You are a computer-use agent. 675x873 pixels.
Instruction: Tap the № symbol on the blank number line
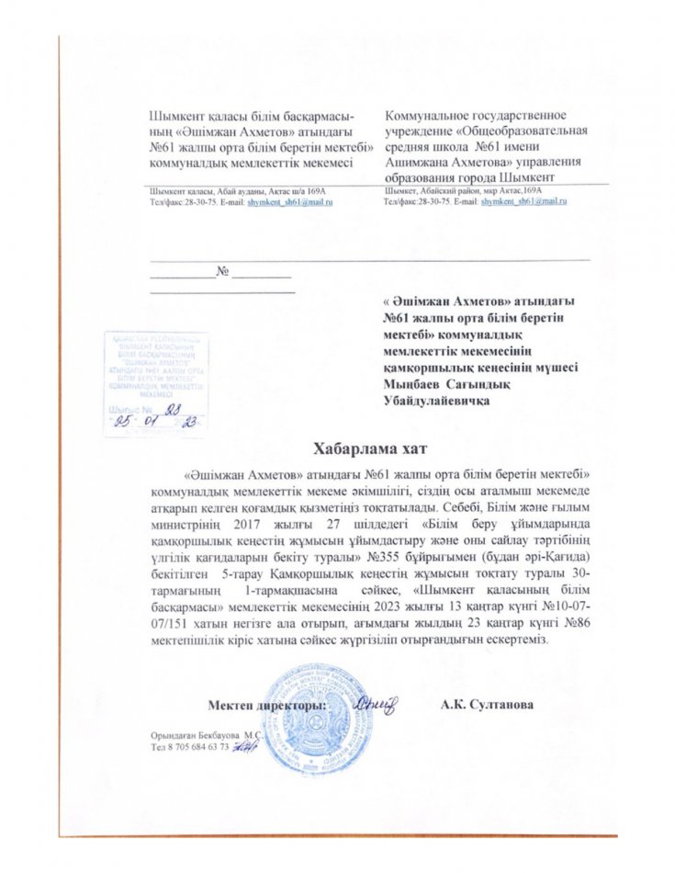click(x=220, y=272)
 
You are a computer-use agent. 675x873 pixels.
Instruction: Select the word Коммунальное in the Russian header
click(x=429, y=117)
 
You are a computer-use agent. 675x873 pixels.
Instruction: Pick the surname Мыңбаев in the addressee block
click(x=413, y=384)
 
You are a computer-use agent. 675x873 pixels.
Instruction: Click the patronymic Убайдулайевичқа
click(x=435, y=401)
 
